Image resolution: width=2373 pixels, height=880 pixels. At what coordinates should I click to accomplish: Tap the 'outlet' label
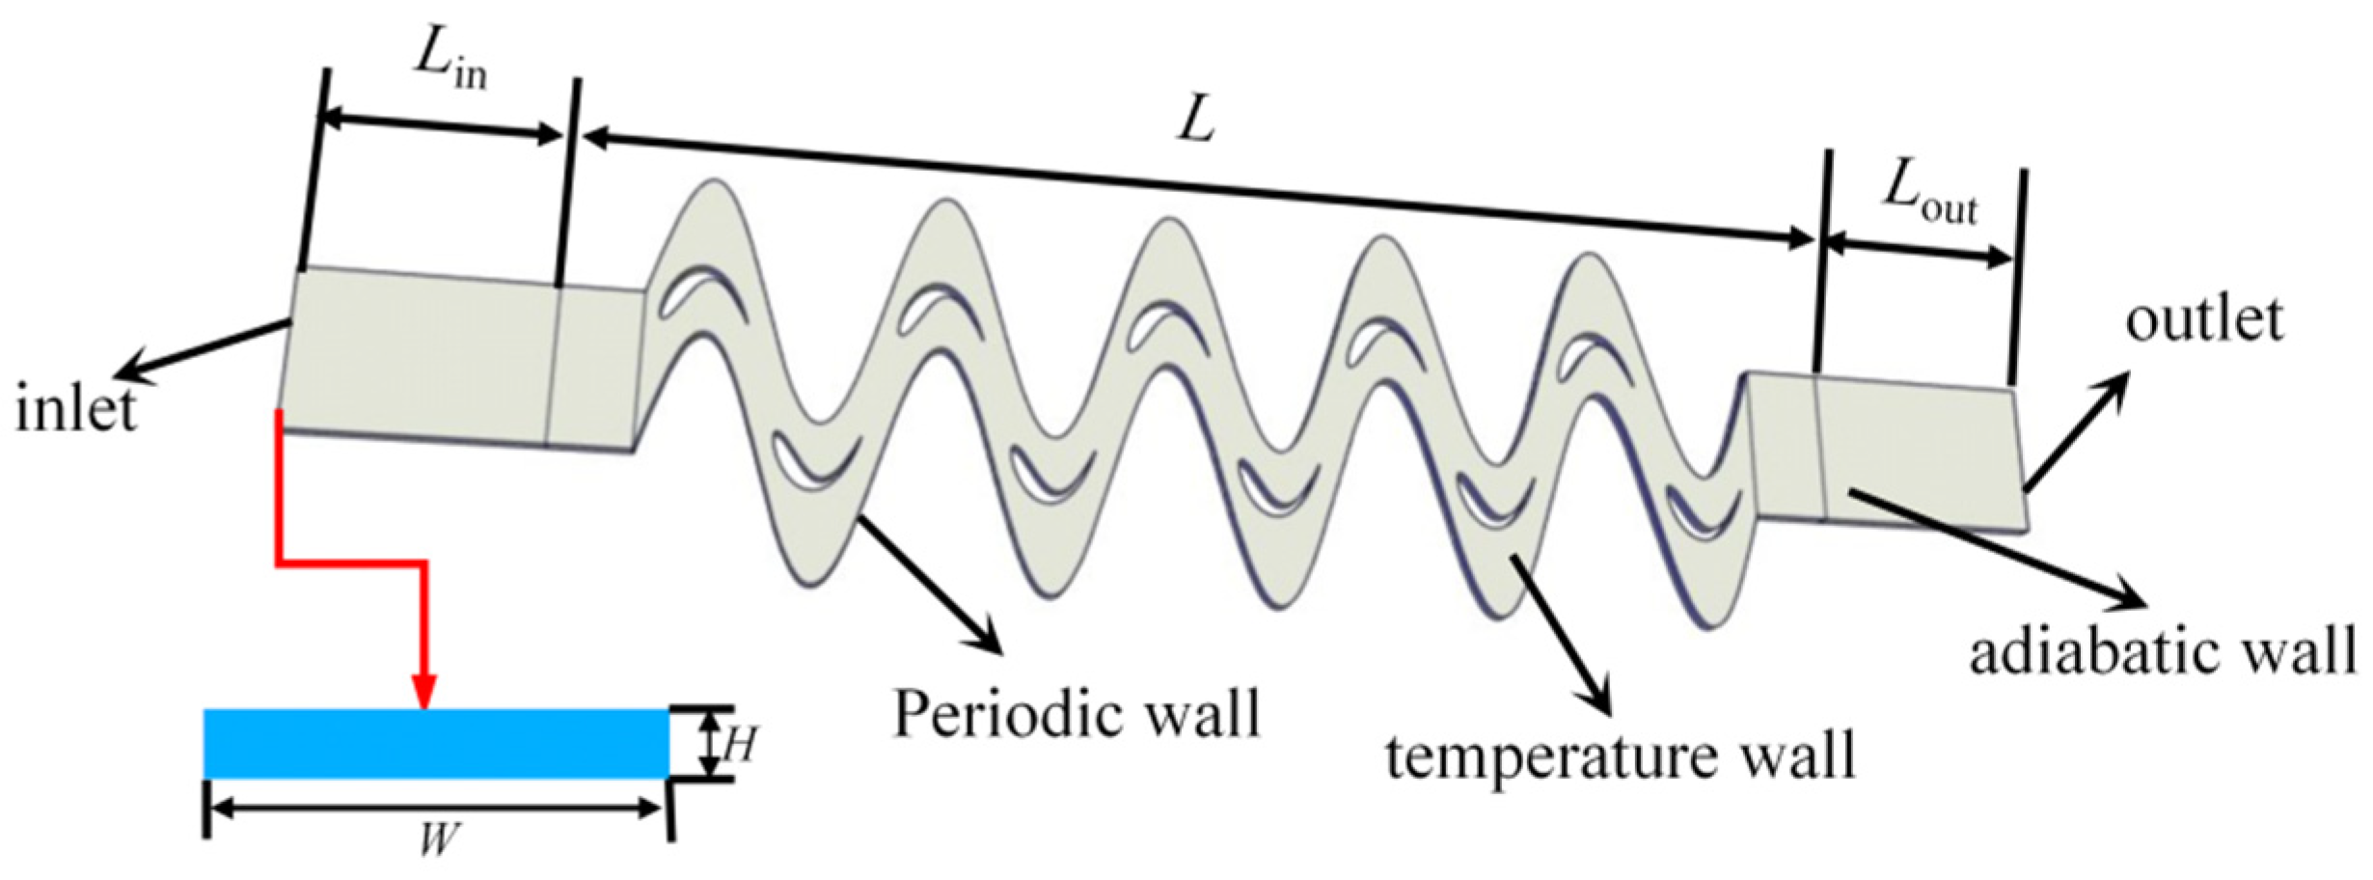(x=2204, y=319)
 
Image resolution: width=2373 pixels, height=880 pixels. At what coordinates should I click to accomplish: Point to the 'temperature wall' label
(x=1621, y=756)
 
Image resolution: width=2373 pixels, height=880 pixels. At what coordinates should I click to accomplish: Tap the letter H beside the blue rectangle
(x=739, y=745)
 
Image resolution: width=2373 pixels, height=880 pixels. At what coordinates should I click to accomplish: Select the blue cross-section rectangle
(x=436, y=744)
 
